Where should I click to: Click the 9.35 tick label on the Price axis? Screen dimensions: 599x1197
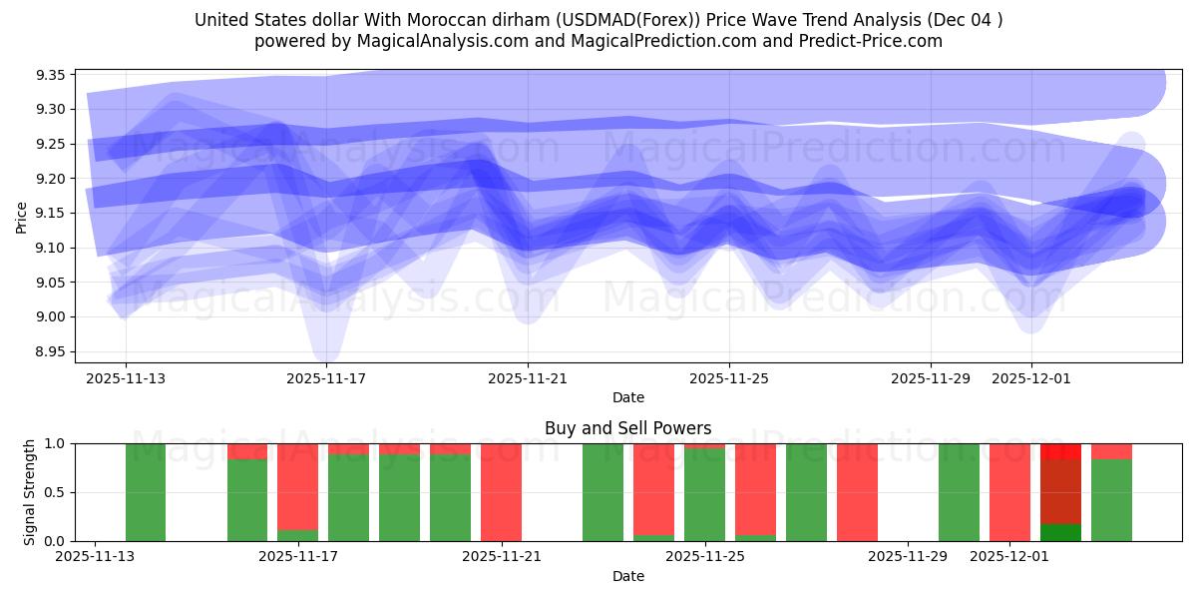click(x=51, y=75)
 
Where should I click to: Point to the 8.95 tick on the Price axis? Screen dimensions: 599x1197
click(x=51, y=351)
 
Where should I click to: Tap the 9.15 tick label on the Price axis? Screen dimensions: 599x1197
click(x=51, y=214)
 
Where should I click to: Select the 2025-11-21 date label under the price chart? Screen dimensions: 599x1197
click(x=528, y=378)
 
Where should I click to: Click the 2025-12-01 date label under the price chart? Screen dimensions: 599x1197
click(x=1031, y=378)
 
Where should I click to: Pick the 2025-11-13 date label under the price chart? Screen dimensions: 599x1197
click(x=125, y=378)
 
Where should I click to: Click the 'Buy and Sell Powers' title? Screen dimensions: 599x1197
click(x=627, y=428)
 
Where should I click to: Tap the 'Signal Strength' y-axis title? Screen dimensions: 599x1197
click(x=30, y=492)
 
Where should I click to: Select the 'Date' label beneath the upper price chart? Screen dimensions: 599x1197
click(x=627, y=397)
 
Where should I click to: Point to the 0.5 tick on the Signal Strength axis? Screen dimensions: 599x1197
click(x=55, y=493)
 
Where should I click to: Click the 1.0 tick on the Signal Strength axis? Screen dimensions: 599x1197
click(x=55, y=444)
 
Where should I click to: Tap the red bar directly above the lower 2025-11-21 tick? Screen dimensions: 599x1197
click(x=501, y=492)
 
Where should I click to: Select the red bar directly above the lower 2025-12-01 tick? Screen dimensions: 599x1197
click(x=1009, y=492)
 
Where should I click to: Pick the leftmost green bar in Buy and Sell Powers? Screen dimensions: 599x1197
click(x=146, y=492)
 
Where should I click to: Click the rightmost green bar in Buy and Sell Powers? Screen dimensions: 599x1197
click(x=1111, y=499)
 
